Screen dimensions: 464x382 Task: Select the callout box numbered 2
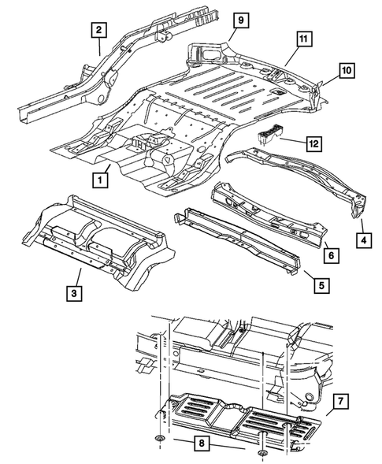click(x=98, y=31)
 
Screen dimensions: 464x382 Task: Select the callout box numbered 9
click(x=242, y=19)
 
